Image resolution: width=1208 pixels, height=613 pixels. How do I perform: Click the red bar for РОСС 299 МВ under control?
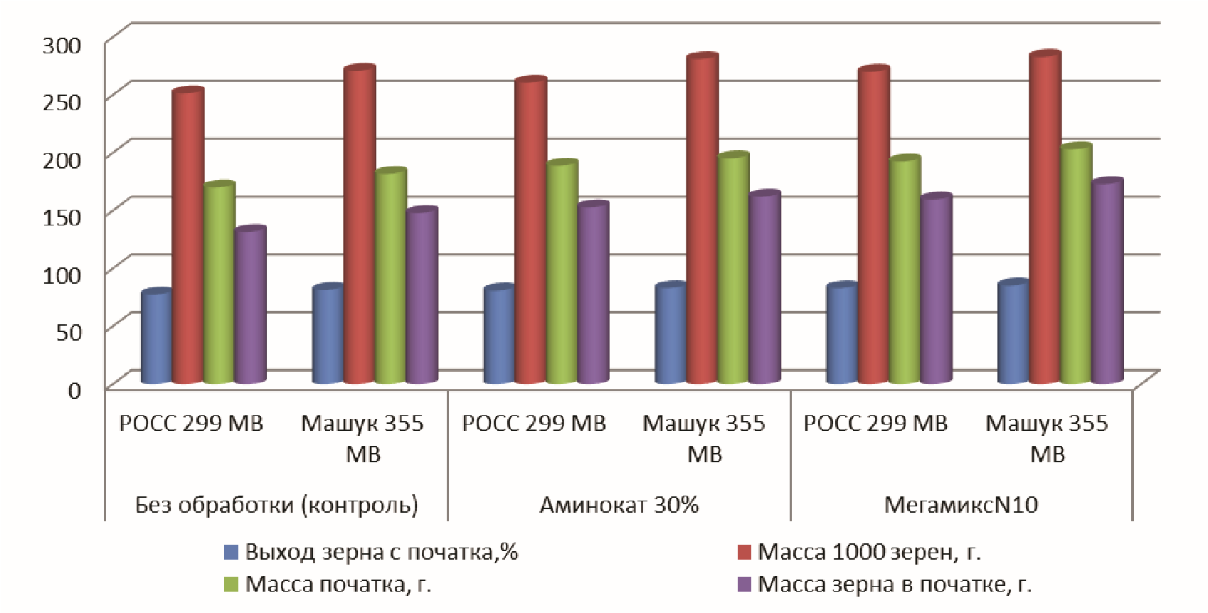tap(189, 238)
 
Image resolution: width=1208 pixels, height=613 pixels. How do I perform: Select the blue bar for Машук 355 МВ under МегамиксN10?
tap(1013, 334)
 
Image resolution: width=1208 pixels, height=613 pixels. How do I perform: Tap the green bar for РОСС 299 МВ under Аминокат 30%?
tap(561, 274)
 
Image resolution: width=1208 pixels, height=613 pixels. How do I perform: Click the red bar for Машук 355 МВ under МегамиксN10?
tap(1044, 220)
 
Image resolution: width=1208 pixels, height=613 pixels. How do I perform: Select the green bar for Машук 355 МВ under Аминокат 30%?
tap(733, 270)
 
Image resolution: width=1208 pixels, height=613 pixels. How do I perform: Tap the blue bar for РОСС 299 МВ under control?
tap(157, 338)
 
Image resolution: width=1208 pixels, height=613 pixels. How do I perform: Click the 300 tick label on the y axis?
tap(63, 46)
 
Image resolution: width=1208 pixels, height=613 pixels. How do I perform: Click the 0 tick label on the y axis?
tap(75, 390)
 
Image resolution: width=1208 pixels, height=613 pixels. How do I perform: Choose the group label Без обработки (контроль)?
tap(277, 505)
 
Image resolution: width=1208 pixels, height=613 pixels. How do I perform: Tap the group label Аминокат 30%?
tap(619, 505)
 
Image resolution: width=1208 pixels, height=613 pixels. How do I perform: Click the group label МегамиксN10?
tap(961, 505)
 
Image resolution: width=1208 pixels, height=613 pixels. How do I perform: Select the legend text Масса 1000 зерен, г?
tap(869, 552)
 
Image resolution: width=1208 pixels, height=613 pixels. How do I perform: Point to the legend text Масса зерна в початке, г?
tap(894, 585)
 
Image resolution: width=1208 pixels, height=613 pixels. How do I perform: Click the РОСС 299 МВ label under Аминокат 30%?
tap(534, 424)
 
